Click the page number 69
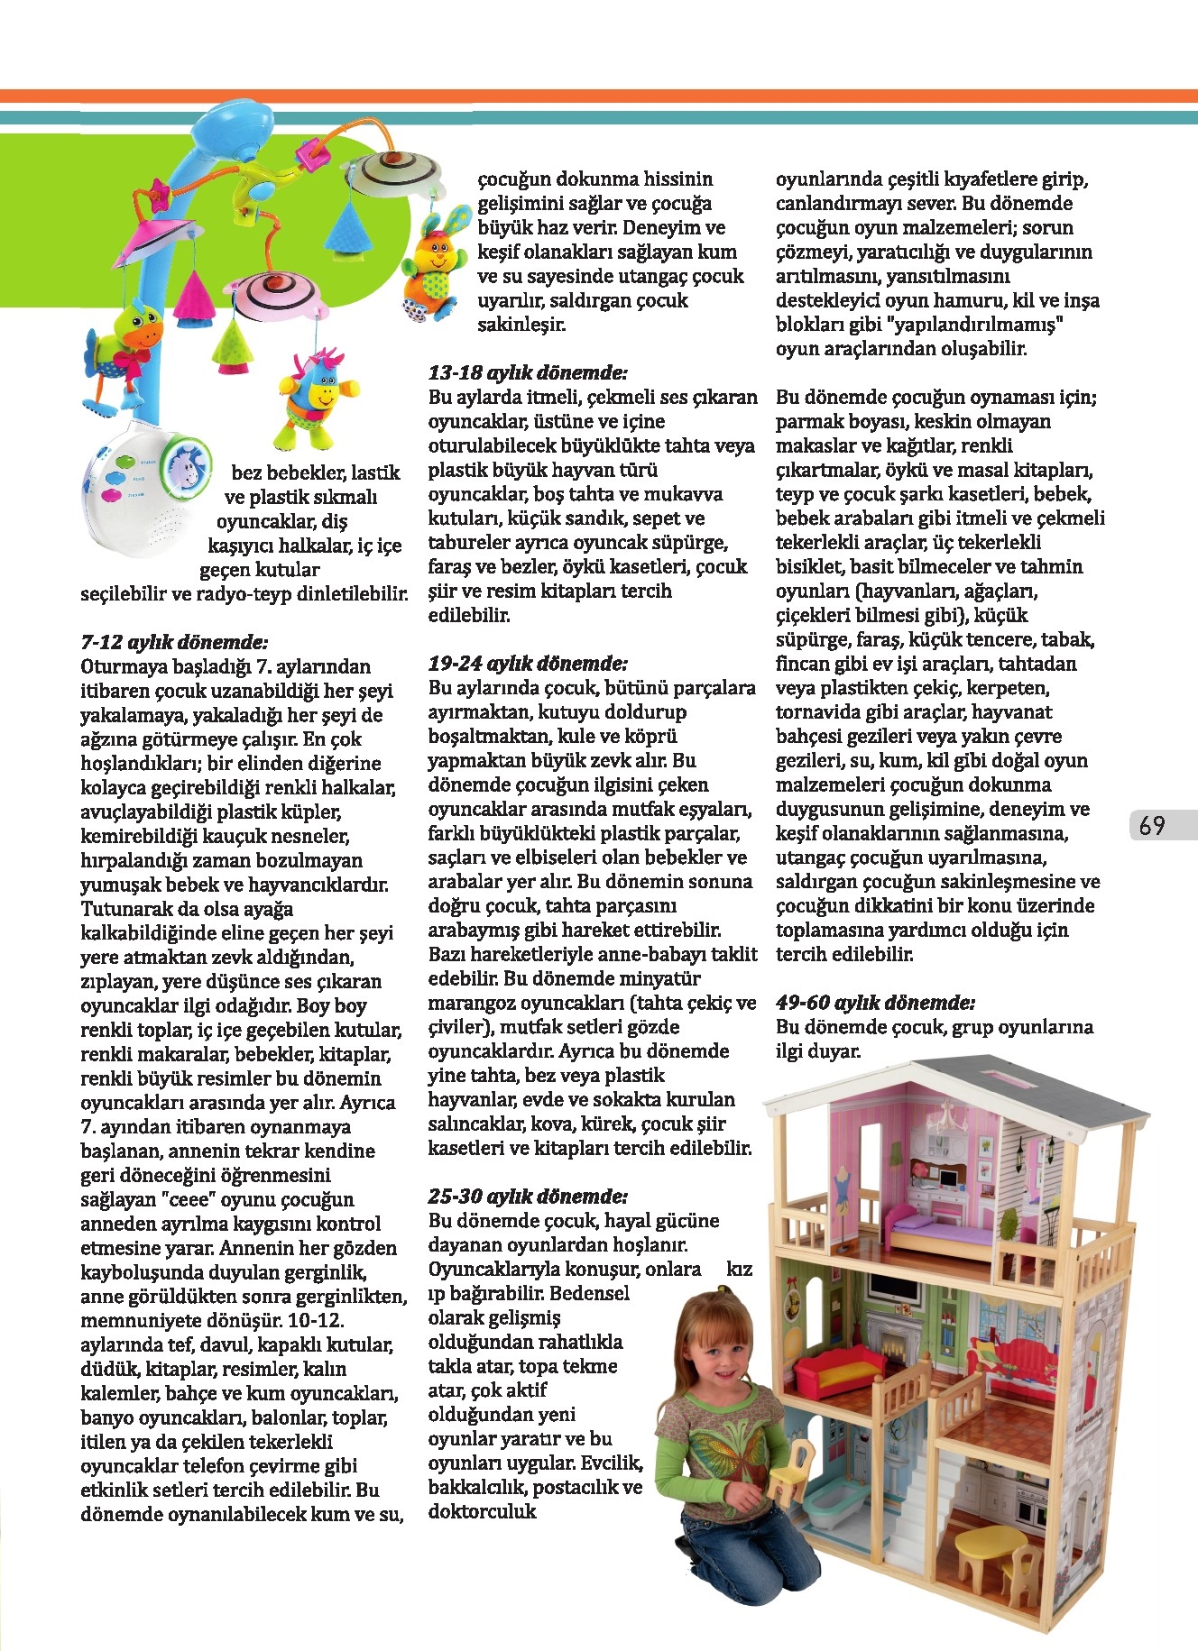(1152, 826)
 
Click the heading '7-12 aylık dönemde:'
(174, 643)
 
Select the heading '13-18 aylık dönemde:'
(528, 373)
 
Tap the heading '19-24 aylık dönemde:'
(528, 665)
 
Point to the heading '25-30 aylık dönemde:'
(528, 1197)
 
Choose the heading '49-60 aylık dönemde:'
(875, 1003)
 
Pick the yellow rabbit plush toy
(434, 263)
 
